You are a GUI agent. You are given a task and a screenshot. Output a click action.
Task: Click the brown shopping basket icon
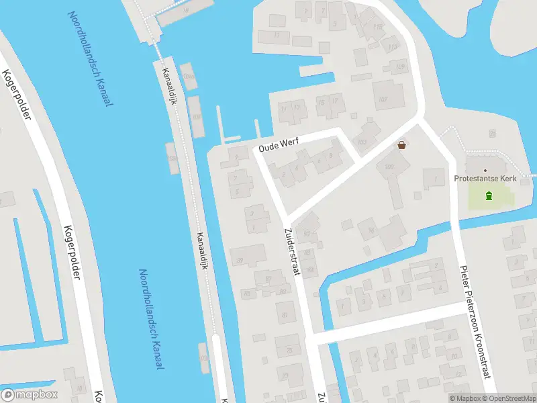tap(403, 144)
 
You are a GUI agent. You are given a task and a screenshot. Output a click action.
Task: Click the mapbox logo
tap(30, 394)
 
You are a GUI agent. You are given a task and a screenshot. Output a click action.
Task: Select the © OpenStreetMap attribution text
tap(507, 398)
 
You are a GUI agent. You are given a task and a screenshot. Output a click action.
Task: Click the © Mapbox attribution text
tap(464, 398)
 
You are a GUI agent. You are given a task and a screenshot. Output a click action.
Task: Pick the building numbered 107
tap(383, 99)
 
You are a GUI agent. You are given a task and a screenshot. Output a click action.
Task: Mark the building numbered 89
tap(240, 260)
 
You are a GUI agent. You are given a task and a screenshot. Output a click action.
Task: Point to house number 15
tap(322, 102)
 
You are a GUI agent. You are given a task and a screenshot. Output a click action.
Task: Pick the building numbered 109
tap(401, 66)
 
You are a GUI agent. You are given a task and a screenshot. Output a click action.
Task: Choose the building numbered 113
tap(393, 46)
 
